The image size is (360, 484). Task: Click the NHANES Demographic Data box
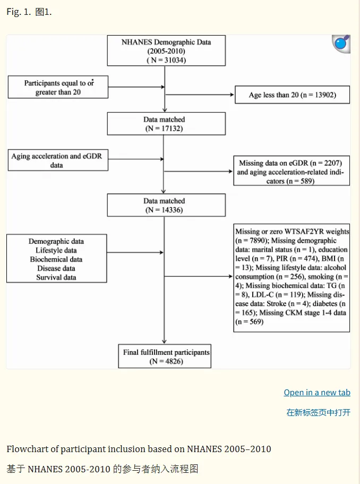click(x=166, y=50)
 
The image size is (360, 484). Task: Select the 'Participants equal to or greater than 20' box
click(x=58, y=87)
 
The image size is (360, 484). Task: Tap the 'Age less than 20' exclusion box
click(x=292, y=95)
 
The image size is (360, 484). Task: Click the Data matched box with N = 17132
click(x=166, y=124)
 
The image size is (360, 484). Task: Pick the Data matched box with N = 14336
click(x=166, y=205)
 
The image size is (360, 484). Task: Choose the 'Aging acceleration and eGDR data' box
click(x=58, y=160)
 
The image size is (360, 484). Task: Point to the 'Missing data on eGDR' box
click(x=292, y=171)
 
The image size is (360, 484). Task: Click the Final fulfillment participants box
click(x=165, y=356)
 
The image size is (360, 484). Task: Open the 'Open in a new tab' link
click(x=317, y=392)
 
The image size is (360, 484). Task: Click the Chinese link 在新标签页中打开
click(x=319, y=412)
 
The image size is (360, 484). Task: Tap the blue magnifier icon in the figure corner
click(x=341, y=44)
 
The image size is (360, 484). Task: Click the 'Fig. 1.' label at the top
click(x=19, y=12)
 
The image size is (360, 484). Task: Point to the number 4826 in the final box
click(x=174, y=361)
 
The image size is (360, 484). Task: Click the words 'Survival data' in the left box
click(x=56, y=277)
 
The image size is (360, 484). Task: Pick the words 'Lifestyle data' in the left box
click(x=56, y=250)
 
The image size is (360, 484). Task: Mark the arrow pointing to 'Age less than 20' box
click(x=199, y=95)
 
